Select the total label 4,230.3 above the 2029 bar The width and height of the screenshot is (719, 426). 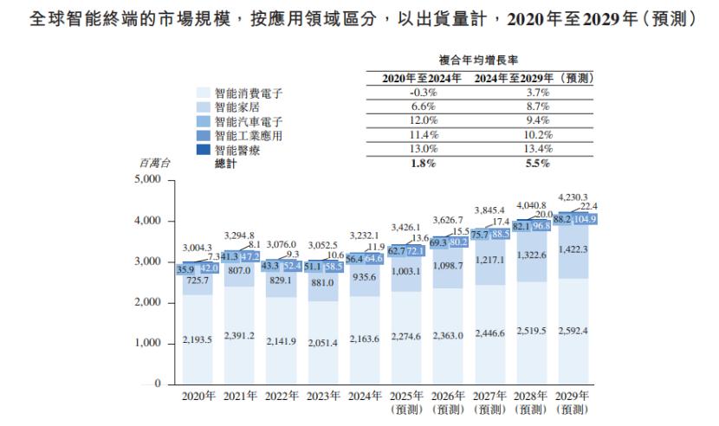point(573,197)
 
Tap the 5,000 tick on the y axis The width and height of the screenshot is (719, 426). point(153,180)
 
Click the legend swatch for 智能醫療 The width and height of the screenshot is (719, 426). point(204,151)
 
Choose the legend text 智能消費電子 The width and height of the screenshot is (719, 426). point(249,93)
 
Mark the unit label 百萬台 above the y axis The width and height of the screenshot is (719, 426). point(156,163)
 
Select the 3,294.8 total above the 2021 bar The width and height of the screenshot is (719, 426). point(240,235)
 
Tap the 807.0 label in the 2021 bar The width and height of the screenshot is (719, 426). point(240,270)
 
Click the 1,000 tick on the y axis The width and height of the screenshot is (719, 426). point(153,344)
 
